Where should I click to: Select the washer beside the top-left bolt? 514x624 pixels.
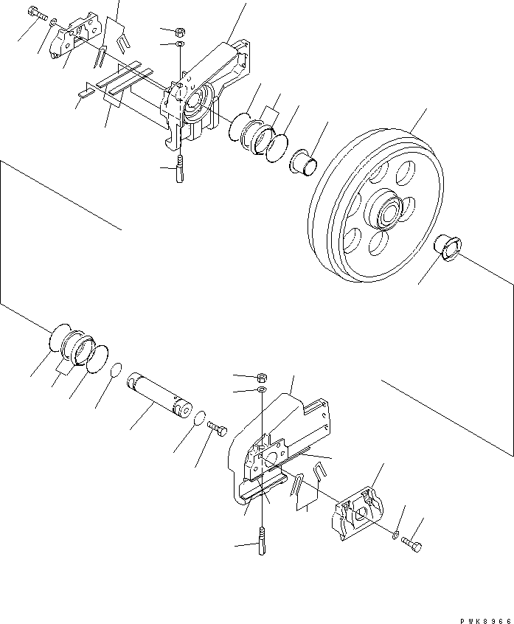point(53,24)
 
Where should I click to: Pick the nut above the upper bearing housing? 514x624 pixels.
point(181,32)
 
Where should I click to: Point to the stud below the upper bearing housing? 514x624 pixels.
point(179,173)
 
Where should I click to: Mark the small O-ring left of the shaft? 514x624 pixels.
point(116,370)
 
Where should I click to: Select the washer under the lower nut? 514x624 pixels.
point(263,389)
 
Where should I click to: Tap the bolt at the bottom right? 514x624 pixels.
point(414,546)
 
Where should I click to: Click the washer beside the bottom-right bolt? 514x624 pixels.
point(397,533)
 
